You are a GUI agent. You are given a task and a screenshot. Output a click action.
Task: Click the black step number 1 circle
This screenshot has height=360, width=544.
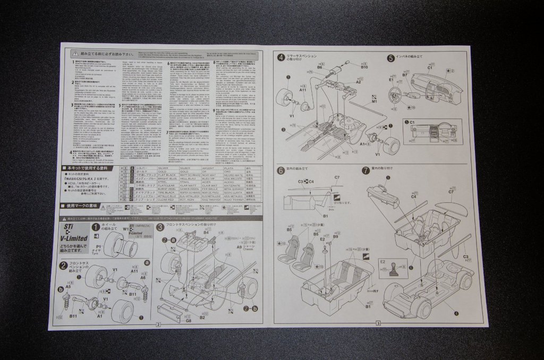click(x=96, y=227)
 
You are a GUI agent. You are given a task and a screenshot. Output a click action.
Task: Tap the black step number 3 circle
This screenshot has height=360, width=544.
click(x=160, y=227)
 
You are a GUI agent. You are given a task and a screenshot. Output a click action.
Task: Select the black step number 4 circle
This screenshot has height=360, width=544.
click(x=280, y=58)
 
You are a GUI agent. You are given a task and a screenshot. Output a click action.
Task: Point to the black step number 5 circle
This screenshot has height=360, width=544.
click(x=390, y=58)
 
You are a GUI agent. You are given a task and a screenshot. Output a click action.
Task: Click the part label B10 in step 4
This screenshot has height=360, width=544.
click(x=364, y=68)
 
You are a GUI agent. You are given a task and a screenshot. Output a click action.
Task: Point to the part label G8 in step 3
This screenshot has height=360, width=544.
click(x=189, y=320)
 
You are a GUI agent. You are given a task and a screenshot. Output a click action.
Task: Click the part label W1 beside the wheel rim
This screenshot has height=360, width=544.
click(x=126, y=229)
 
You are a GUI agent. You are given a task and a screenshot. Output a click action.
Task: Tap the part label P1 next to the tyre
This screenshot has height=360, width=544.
click(x=99, y=247)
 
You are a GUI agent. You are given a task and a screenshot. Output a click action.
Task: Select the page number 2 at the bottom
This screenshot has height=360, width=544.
click(x=158, y=323)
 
